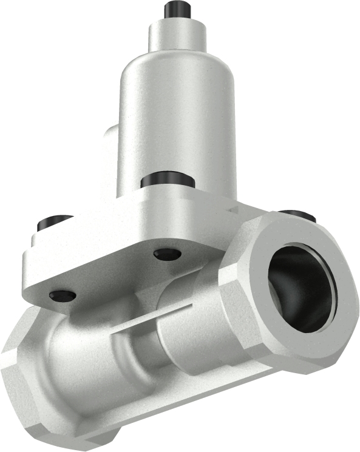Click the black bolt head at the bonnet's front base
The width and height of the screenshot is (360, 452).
(x=168, y=180)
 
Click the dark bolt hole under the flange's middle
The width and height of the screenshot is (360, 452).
(x=167, y=254)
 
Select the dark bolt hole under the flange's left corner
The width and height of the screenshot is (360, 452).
(x=63, y=295)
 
